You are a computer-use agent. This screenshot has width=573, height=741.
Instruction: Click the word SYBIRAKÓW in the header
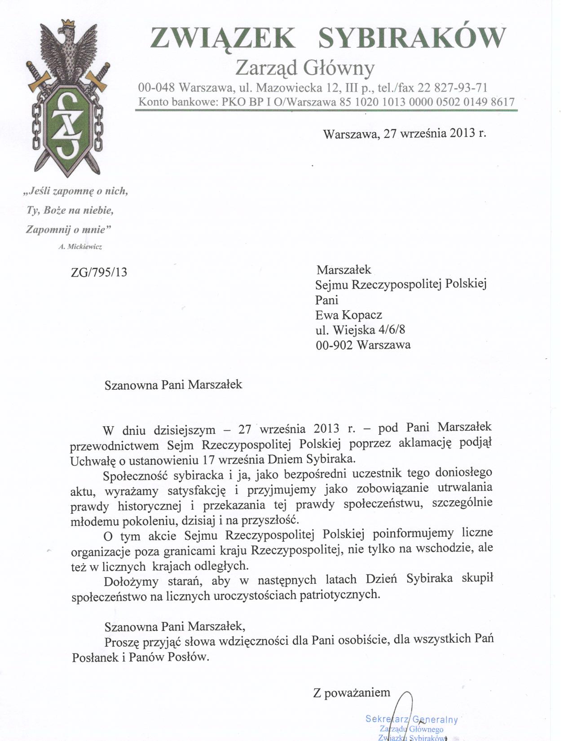pos(411,38)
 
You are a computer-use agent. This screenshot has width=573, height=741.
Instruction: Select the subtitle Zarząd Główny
pos(305,68)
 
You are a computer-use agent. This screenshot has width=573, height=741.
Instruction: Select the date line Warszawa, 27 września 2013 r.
pos(404,133)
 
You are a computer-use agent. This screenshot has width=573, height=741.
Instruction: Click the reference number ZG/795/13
pos(99,272)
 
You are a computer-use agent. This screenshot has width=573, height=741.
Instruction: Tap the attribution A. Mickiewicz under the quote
pos(80,247)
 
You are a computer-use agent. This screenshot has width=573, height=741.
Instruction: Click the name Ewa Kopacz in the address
pos(348,315)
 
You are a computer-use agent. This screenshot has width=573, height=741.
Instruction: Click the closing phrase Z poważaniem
pos(352,692)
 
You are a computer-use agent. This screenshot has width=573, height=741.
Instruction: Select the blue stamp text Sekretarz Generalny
pos(411,719)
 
